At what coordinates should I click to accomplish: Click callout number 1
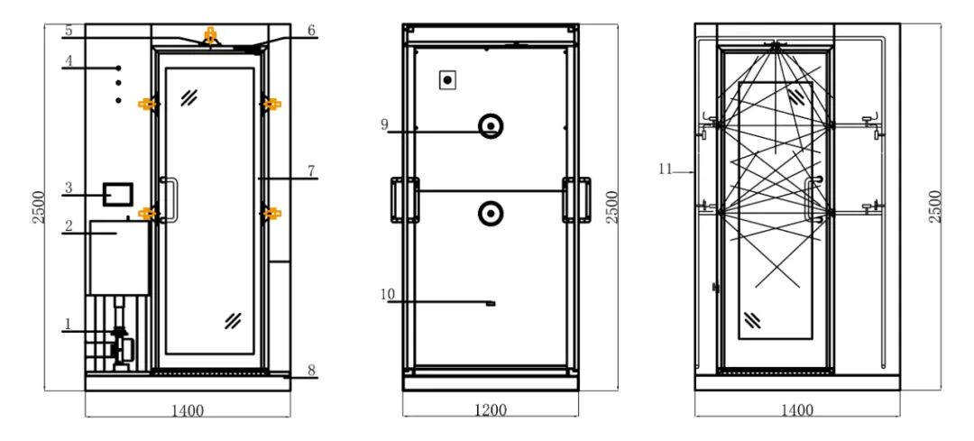click(68, 325)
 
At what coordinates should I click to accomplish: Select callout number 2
click(69, 225)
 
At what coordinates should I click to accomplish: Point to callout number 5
click(69, 30)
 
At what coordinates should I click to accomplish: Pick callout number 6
click(311, 30)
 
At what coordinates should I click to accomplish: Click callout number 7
click(311, 170)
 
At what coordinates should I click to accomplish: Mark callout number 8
click(311, 370)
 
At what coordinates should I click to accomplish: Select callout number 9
click(385, 124)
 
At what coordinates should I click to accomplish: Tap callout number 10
click(388, 294)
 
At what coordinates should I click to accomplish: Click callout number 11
click(666, 169)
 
